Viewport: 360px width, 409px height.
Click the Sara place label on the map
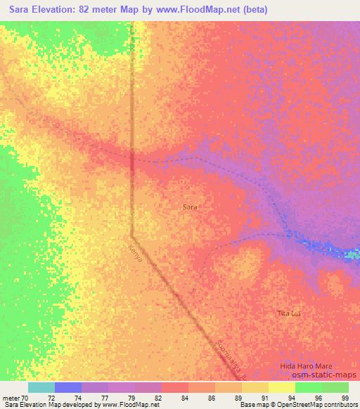tap(190, 207)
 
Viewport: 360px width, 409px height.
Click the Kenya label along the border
tap(136, 252)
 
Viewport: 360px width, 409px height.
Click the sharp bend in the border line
tap(132, 233)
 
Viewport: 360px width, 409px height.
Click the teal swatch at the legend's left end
tap(41, 387)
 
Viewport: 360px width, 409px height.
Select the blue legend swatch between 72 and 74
tap(68, 387)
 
